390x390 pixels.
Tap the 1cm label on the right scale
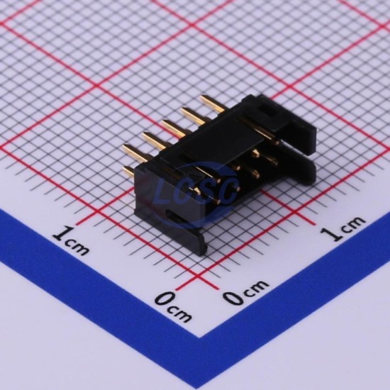342,228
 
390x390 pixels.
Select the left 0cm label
173,306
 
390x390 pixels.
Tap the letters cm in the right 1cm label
353,223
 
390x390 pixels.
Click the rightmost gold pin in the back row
213,104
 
